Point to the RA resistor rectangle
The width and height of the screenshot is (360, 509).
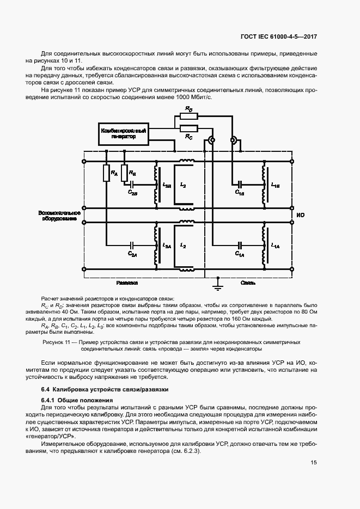pyautogui.click(x=107, y=173)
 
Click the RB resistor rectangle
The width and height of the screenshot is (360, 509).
pyautogui.click(x=124, y=173)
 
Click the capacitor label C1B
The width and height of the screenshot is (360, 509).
pyautogui.click(x=239, y=192)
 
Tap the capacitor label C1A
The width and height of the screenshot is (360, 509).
pyautogui.click(x=239, y=253)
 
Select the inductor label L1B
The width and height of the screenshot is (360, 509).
pyautogui.click(x=275, y=186)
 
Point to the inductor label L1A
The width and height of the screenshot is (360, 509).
pyautogui.click(x=275, y=246)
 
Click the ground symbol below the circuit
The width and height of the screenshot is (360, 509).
pyautogui.click(x=216, y=282)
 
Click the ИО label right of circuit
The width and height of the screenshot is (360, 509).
pyautogui.click(x=300, y=215)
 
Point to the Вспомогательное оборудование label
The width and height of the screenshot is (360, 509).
pyautogui.click(x=59, y=215)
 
